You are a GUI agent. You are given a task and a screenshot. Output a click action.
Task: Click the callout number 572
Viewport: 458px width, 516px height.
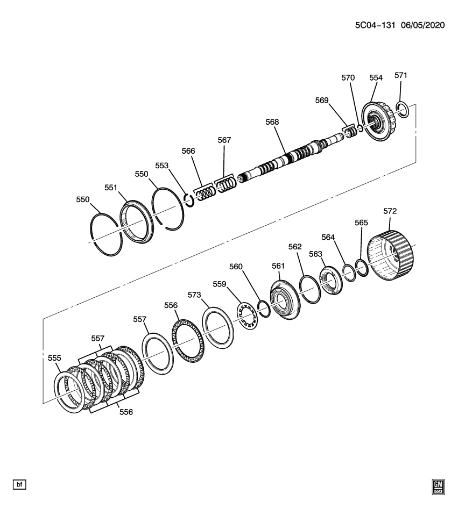click(390, 211)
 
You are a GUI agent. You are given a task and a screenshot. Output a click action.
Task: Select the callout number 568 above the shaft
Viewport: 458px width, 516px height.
click(272, 122)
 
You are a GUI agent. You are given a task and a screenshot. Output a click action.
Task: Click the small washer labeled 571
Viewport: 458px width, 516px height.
click(402, 110)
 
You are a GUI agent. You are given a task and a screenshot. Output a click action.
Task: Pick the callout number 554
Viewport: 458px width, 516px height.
click(376, 78)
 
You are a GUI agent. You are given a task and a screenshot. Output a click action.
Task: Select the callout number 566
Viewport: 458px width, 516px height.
click(188, 152)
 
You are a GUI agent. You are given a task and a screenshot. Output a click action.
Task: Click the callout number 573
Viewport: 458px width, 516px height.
click(208, 295)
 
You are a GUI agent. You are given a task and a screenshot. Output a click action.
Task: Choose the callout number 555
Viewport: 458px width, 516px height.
click(54, 358)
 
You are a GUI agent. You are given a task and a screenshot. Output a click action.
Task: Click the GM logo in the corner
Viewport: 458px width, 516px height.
click(438, 486)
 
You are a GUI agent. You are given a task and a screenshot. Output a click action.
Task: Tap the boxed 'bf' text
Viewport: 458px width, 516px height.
click(19, 485)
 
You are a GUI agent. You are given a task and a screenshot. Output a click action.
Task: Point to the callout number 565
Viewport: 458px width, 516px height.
click(361, 222)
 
